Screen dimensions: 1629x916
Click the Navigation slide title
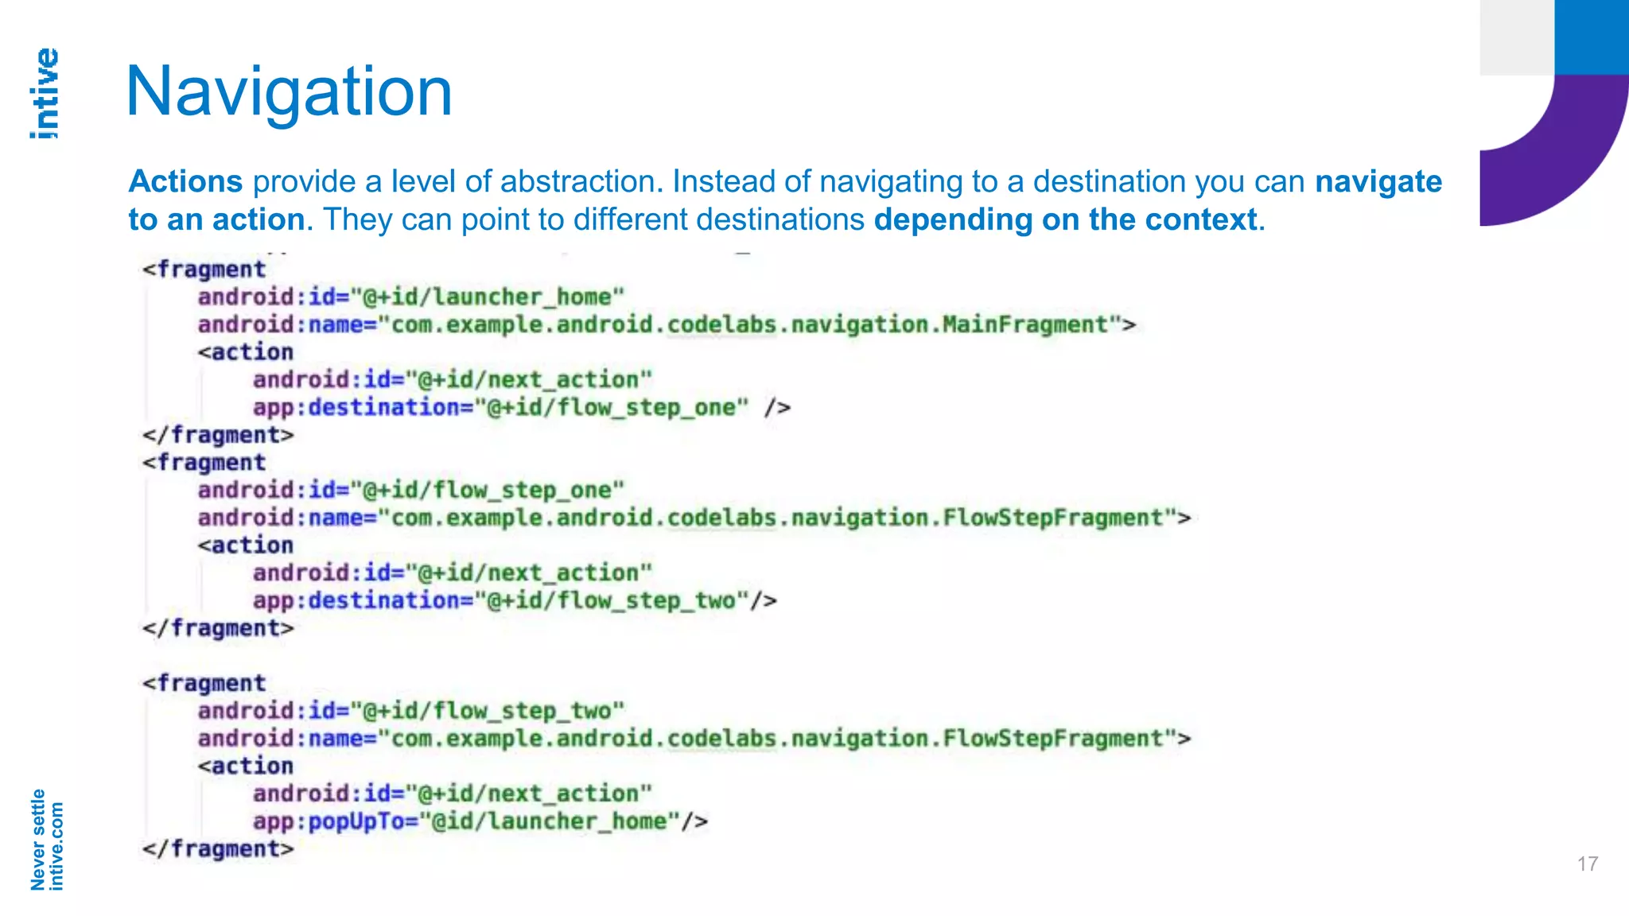tap(289, 92)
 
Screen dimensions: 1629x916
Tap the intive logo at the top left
tap(45, 94)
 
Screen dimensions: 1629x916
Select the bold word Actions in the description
tap(185, 181)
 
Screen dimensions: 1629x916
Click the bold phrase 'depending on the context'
tap(1066, 219)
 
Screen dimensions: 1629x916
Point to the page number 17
tap(1587, 864)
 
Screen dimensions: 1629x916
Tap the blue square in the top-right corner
tap(1591, 37)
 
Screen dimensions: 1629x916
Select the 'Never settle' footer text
tap(37, 839)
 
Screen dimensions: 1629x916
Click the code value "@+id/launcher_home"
tap(488, 297)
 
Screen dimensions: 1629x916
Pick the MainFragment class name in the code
tap(1026, 325)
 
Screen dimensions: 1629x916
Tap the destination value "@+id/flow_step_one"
tap(612, 408)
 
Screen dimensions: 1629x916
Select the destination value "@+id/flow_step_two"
tap(612, 600)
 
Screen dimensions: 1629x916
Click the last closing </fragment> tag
tap(218, 849)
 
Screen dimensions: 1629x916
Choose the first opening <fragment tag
tap(204, 270)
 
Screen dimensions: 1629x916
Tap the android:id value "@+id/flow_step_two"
tap(488, 711)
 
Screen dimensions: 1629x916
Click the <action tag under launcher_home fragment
tap(246, 352)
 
